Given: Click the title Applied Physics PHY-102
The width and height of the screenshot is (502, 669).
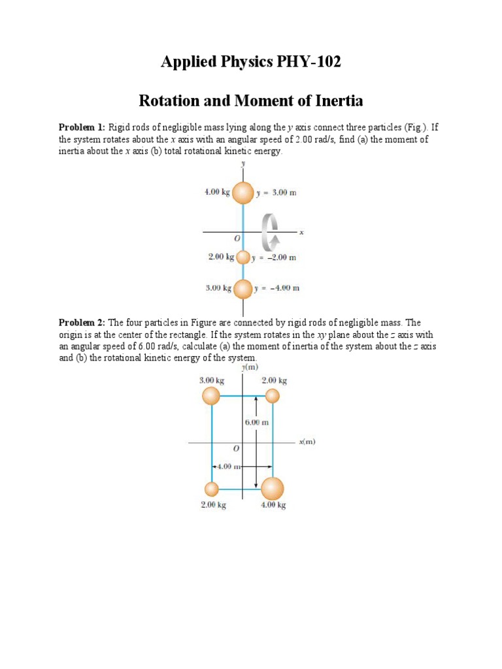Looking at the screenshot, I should click(x=251, y=63).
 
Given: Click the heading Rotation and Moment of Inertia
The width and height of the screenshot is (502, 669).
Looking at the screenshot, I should click(x=251, y=101).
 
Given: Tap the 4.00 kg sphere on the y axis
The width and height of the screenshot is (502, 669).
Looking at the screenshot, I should click(x=243, y=193).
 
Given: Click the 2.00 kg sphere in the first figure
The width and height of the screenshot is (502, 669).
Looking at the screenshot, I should click(x=243, y=257).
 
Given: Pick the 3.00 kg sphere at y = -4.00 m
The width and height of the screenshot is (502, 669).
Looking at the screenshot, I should click(x=243, y=288).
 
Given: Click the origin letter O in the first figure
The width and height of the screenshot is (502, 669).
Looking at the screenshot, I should click(x=237, y=239).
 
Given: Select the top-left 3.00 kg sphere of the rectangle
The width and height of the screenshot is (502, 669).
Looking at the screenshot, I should click(x=211, y=396).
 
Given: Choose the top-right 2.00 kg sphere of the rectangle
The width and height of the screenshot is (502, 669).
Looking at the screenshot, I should click(x=273, y=396).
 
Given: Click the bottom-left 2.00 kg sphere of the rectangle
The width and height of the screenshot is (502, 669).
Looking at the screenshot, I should click(x=211, y=489).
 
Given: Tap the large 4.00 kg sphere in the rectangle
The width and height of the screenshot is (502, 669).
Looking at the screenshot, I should click(x=273, y=489).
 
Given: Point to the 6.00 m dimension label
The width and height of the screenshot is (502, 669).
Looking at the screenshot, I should click(x=257, y=423).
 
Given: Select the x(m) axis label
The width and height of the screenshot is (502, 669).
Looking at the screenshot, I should click(x=307, y=442).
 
